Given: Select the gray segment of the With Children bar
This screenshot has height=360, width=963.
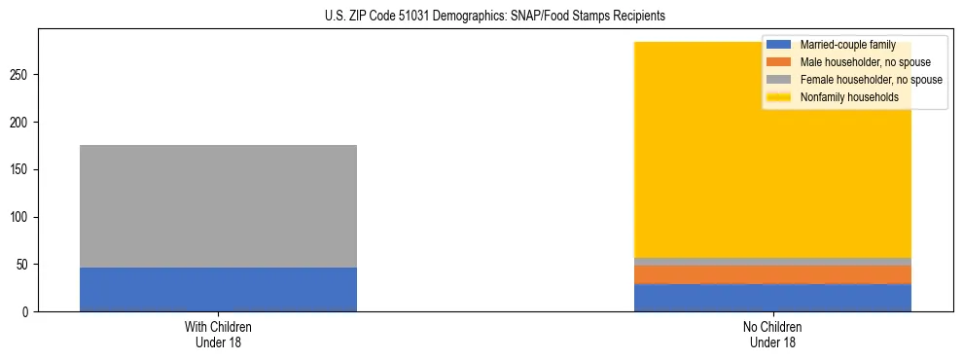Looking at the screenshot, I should (218, 205).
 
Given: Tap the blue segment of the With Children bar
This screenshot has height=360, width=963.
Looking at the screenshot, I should (218, 289).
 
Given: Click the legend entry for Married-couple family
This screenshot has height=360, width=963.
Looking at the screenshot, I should (846, 45).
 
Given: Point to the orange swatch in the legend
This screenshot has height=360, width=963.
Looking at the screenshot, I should (779, 62).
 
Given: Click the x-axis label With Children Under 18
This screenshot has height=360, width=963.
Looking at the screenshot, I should (218, 335).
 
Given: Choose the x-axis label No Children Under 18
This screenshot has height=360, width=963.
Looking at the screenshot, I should (772, 335).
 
